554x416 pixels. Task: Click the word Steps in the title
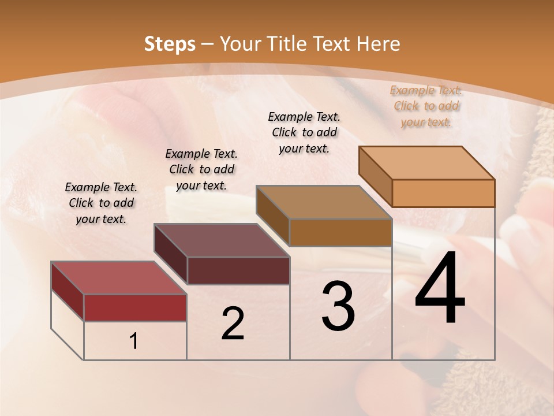pyautogui.click(x=170, y=44)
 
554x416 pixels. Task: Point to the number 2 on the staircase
pyautogui.click(x=233, y=324)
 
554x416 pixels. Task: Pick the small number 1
pyautogui.click(x=134, y=341)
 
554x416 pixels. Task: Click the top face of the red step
pyautogui.click(x=119, y=278)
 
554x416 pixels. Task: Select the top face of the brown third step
pyautogui.click(x=324, y=202)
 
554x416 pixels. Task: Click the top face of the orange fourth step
pyautogui.click(x=426, y=163)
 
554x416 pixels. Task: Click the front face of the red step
pyautogui.click(x=135, y=307)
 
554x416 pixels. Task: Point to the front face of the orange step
pyautogui.click(x=443, y=193)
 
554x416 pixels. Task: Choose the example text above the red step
pyautogui.click(x=101, y=203)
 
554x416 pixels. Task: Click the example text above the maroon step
pyautogui.click(x=201, y=169)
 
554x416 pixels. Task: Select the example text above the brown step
pyautogui.click(x=304, y=132)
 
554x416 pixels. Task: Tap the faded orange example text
pyautogui.click(x=426, y=106)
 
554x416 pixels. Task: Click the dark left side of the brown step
pyautogui.click(x=272, y=215)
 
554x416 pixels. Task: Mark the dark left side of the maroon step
pyautogui.click(x=170, y=253)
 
